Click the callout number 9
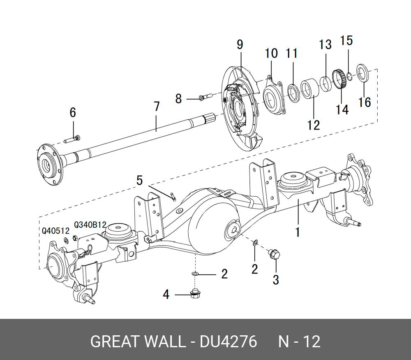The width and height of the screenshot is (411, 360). [x=240, y=45]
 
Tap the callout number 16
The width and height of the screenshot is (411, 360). [x=365, y=102]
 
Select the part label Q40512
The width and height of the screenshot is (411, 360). [x=55, y=231]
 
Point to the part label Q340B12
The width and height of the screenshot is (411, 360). [x=90, y=225]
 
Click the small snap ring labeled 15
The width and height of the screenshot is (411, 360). [x=349, y=75]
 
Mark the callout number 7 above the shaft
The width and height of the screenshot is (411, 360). [x=157, y=107]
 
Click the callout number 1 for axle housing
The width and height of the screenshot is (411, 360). [x=298, y=232]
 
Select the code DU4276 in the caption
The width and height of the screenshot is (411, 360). [x=228, y=342]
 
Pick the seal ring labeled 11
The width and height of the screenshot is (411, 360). [x=293, y=93]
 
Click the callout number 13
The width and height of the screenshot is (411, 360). [x=325, y=44]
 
